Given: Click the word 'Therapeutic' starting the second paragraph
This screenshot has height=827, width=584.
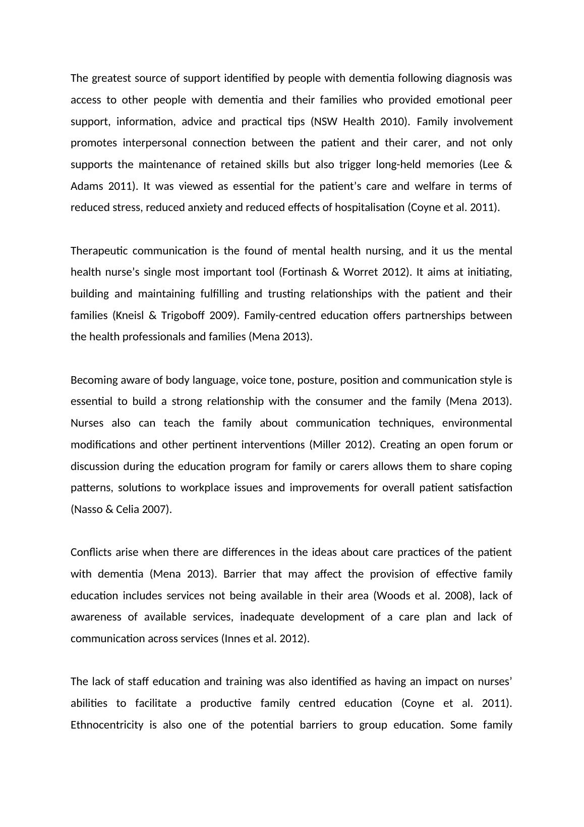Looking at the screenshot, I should tap(99, 251).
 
